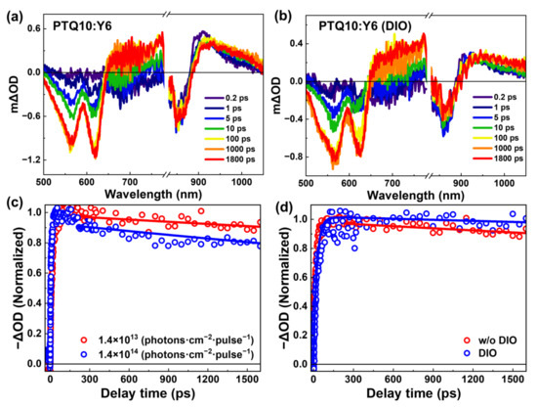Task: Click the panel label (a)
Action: pyautogui.click(x=14, y=13)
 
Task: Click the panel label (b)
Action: pyautogui.click(x=283, y=13)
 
